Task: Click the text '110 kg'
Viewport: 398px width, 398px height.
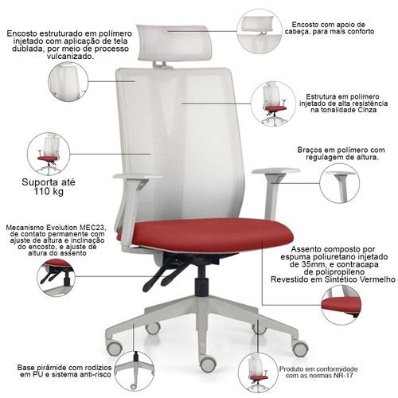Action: tap(49, 191)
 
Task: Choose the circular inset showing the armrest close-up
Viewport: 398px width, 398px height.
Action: tap(340, 184)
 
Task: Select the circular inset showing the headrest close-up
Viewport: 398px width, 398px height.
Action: tap(259, 31)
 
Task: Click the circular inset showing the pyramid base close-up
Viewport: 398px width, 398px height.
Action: tap(135, 371)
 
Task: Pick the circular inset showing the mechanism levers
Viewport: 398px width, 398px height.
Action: tap(56, 278)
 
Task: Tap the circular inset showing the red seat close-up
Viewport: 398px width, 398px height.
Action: tap(341, 305)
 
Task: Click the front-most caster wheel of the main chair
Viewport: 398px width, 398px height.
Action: tap(208, 363)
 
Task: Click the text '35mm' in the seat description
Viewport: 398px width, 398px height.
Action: tap(311, 264)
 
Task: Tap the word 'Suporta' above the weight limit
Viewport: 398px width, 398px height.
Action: tap(39, 182)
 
